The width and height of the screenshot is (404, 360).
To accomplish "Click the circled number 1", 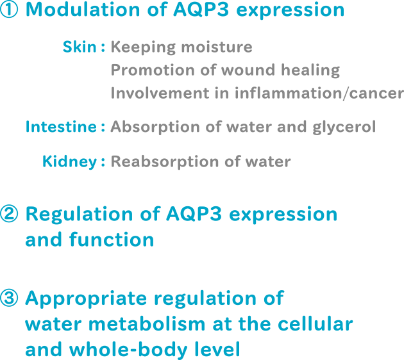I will (x=10, y=11).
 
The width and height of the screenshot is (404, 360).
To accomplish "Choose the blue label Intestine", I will (x=60, y=127).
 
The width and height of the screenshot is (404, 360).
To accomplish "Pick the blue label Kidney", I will (x=69, y=161).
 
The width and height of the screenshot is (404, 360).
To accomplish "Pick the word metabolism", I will (x=142, y=325).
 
